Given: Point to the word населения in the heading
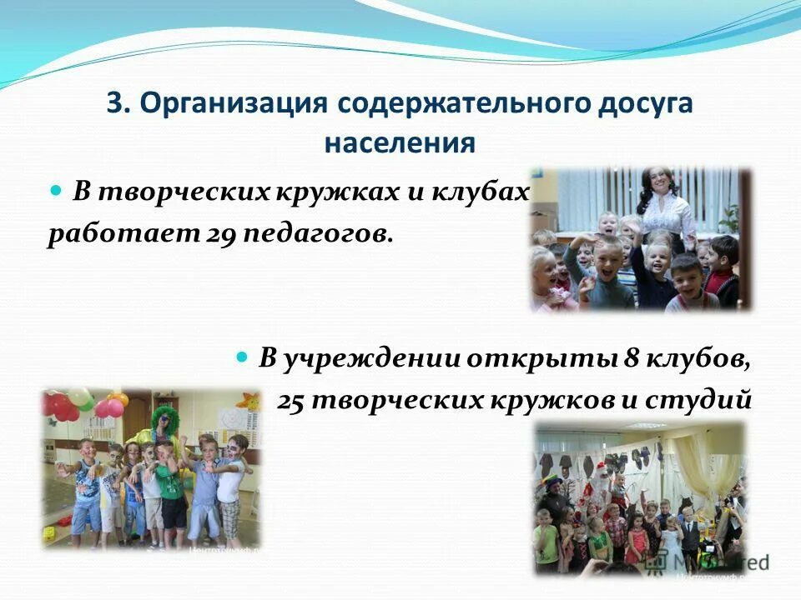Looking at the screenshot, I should pyautogui.click(x=400, y=142).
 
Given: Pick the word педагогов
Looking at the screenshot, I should pyautogui.click(x=316, y=233).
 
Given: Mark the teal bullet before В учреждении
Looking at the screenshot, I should pyautogui.click(x=243, y=357).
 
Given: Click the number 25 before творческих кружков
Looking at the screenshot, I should pyautogui.click(x=293, y=399).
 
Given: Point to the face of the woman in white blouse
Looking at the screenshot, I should pyautogui.click(x=653, y=181).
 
